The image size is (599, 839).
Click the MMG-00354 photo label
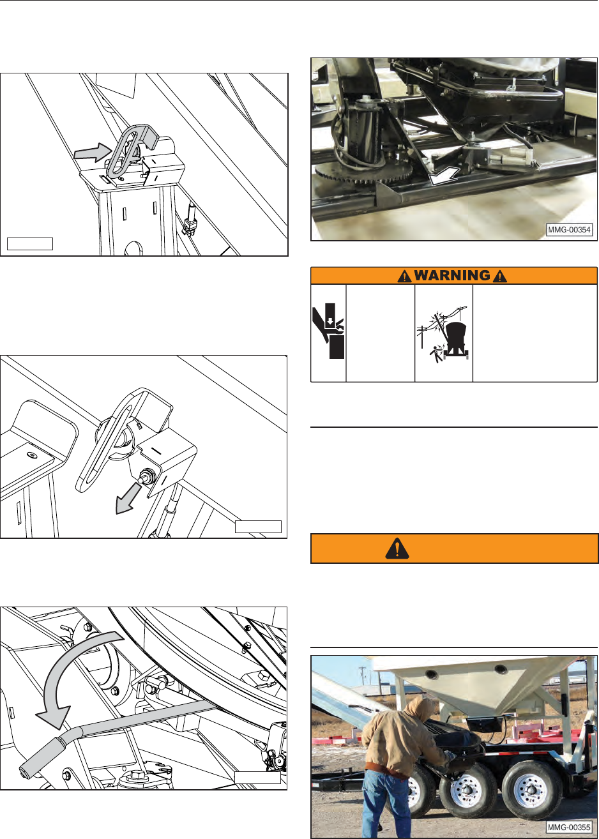pyautogui.click(x=570, y=229)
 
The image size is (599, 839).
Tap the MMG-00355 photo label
pyautogui.click(x=570, y=827)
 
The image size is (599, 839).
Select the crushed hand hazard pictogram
pyautogui.click(x=328, y=331)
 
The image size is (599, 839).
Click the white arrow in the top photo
pyautogui.click(x=444, y=176)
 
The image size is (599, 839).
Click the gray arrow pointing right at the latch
pyautogui.click(x=93, y=153)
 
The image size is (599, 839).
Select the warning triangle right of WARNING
pyautogui.click(x=500, y=276)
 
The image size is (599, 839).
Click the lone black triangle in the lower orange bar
pyautogui.click(x=397, y=548)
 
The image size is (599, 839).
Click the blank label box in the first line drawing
pyautogui.click(x=30, y=243)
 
